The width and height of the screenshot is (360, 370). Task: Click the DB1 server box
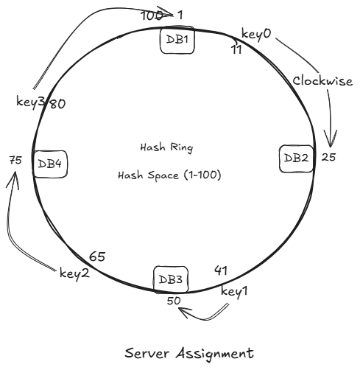[x=177, y=40]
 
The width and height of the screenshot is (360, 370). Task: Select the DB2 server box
[x=296, y=158]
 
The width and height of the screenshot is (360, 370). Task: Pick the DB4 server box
[x=51, y=164]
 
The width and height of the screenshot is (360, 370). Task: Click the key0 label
[x=257, y=35]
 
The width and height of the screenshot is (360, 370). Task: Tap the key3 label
[x=30, y=101]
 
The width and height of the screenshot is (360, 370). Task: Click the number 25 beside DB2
[x=329, y=157]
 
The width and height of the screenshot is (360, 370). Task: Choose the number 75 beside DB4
[x=15, y=159]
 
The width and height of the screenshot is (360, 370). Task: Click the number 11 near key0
[x=235, y=49]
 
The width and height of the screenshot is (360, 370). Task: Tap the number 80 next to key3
[x=58, y=104]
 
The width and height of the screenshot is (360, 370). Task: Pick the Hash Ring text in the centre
[x=166, y=147]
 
